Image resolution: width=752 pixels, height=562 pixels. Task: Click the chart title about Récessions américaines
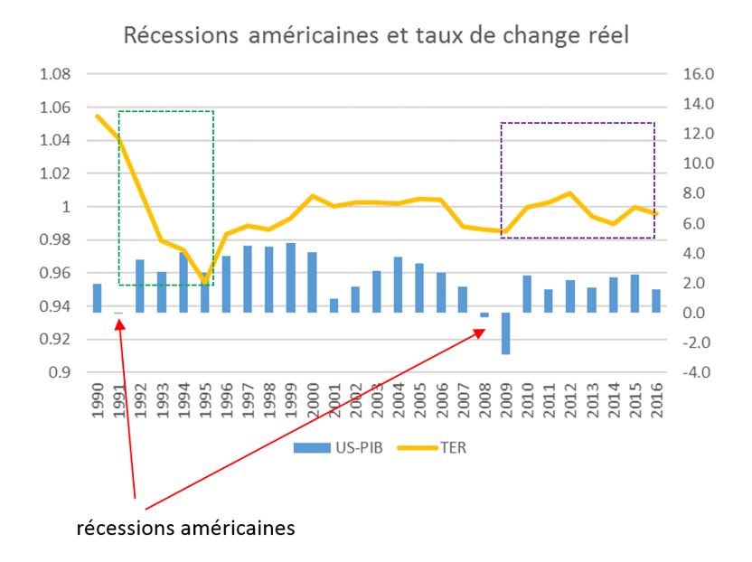pos(375,37)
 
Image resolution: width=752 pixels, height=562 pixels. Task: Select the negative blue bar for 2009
pos(506,333)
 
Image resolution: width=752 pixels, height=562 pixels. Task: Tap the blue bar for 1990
pos(97,298)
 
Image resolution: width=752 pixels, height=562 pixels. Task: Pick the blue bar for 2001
pos(334,305)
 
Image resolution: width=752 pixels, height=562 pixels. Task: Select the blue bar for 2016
pos(656,301)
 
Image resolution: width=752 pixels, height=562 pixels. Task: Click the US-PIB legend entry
pos(336,446)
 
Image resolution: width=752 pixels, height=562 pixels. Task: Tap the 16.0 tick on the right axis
pos(677,74)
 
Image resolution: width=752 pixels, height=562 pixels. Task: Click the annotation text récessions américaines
pos(185,528)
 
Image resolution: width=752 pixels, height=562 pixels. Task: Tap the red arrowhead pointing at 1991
pos(118,319)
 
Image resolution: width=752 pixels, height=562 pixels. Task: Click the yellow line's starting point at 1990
pos(97,116)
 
